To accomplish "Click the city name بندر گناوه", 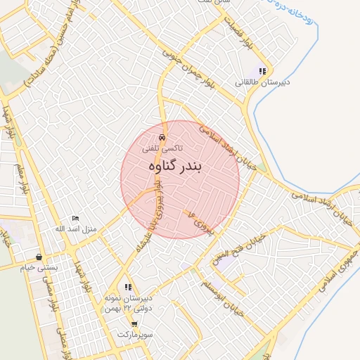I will pos(175,166).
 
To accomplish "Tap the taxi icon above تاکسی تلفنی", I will pos(162,138).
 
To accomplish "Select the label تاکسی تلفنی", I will pos(162,148).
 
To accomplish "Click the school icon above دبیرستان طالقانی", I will pos(262,71).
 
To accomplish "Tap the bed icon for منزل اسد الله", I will pos(76,219).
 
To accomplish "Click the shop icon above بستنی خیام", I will pos(39,257).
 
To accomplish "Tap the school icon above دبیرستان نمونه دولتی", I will pos(128,287).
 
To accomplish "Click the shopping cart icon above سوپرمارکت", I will pos(134,323).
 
